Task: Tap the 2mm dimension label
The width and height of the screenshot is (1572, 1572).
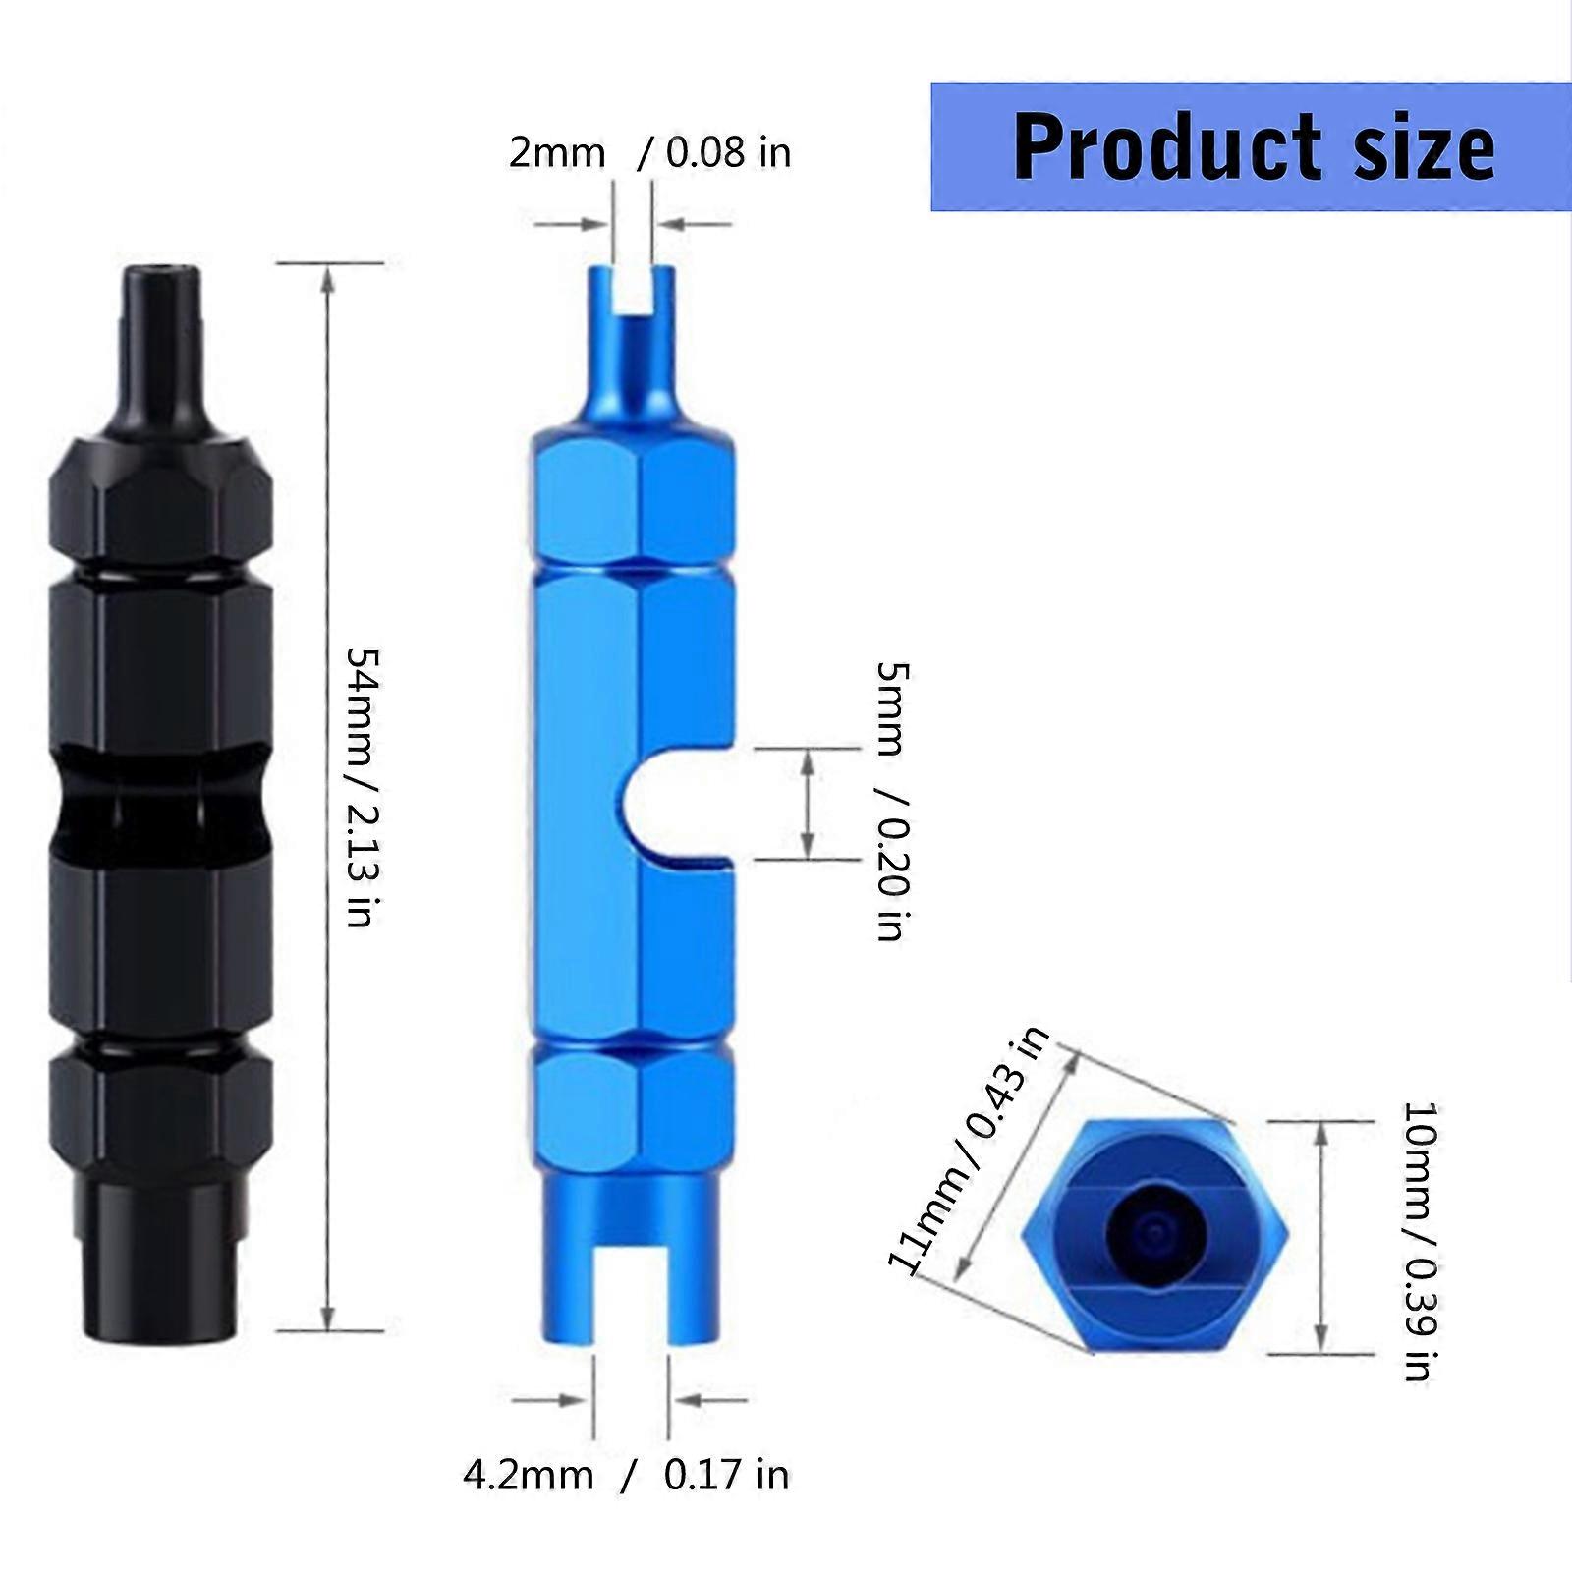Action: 556,153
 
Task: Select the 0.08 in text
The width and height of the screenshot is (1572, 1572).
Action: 728,153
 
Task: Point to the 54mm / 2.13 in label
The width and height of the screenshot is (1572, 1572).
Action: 362,787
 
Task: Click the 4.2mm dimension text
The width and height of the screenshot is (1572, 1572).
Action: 528,1475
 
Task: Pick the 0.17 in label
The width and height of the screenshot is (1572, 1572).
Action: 726,1475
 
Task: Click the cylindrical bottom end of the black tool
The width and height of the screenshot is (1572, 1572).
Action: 157,1267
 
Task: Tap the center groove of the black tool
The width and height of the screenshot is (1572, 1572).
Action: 157,804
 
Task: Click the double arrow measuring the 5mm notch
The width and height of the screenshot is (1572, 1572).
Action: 808,804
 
